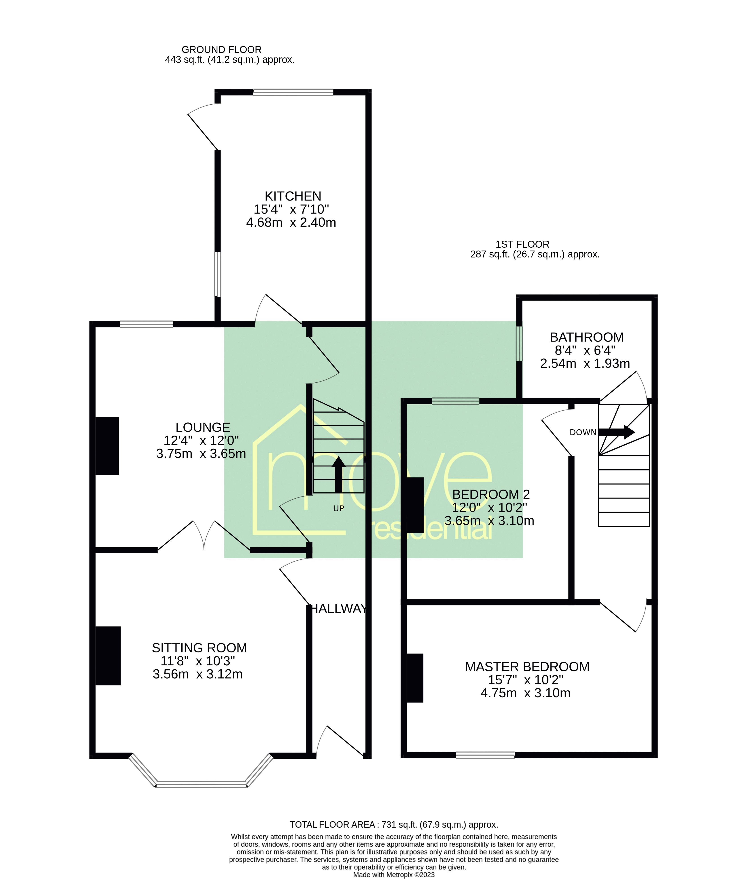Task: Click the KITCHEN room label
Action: tap(293, 196)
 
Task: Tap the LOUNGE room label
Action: tap(203, 428)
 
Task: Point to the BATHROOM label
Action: tap(586, 337)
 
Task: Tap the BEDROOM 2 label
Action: tap(491, 494)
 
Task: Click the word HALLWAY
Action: tap(339, 609)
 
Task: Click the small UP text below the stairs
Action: tap(338, 509)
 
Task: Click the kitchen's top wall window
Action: tap(293, 92)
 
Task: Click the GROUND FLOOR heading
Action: tap(221, 50)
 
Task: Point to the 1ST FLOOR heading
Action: tap(522, 245)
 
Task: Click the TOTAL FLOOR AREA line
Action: tap(393, 824)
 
